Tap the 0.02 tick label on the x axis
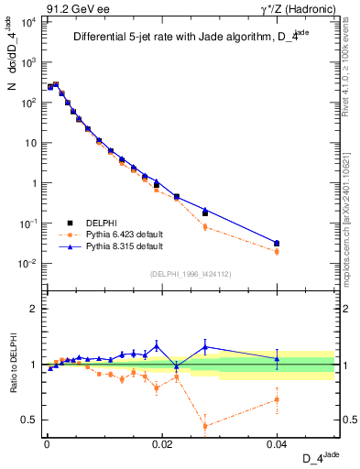(162, 443)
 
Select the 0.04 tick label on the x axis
(278, 443)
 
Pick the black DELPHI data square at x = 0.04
(278, 244)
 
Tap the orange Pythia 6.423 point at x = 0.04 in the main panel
(278, 252)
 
